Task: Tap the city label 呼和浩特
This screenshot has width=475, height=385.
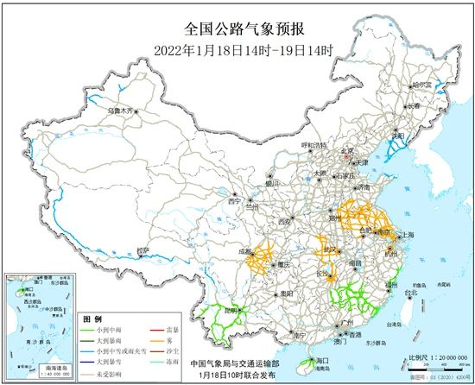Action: click(314, 145)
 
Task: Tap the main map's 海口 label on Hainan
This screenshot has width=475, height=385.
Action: click(324, 359)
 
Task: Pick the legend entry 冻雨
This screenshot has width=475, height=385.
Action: click(179, 363)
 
